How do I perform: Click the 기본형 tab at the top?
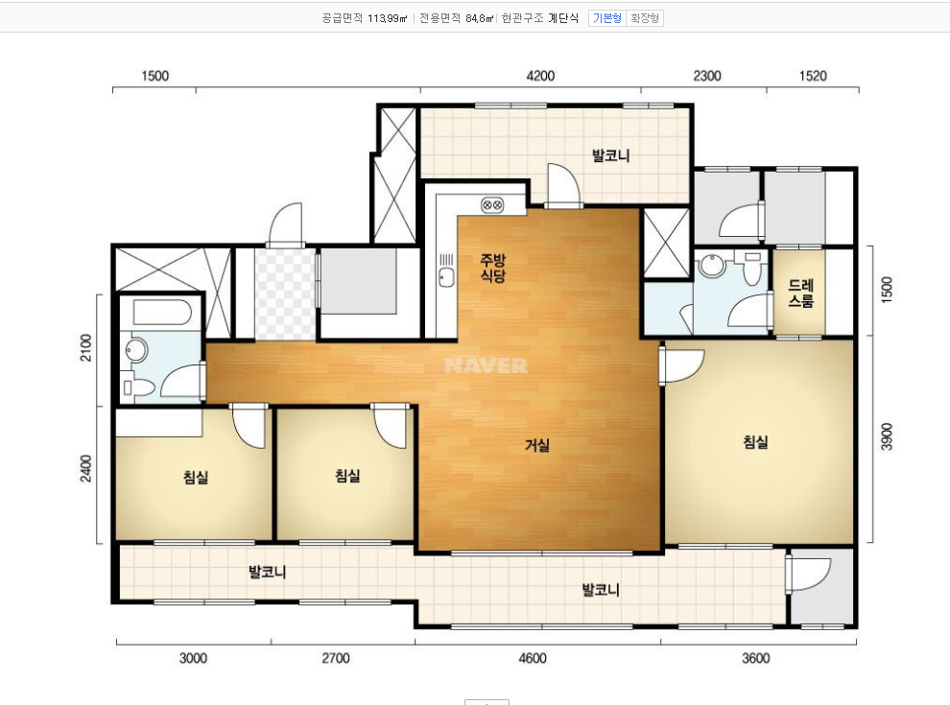pyautogui.click(x=607, y=18)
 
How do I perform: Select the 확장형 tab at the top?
pyautogui.click(x=645, y=18)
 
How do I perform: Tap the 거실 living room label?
pyautogui.click(x=537, y=445)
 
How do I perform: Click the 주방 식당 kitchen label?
pyautogui.click(x=492, y=268)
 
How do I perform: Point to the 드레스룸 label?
pyautogui.click(x=800, y=293)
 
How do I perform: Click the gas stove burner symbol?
pyautogui.click(x=492, y=205)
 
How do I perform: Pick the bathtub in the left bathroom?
pyautogui.click(x=162, y=312)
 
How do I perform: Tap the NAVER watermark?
pyautogui.click(x=486, y=365)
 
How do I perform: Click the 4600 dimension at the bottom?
pyautogui.click(x=533, y=658)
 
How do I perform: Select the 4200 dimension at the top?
pyautogui.click(x=540, y=76)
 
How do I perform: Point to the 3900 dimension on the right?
pyautogui.click(x=887, y=436)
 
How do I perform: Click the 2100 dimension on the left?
pyautogui.click(x=86, y=347)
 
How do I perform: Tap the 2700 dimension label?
pyautogui.click(x=336, y=658)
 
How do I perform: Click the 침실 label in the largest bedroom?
pyautogui.click(x=755, y=441)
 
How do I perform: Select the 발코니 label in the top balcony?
pyautogui.click(x=610, y=155)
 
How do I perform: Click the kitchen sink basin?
pyautogui.click(x=446, y=277)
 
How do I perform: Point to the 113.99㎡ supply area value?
pyautogui.click(x=387, y=18)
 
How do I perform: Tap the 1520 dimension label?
pyautogui.click(x=813, y=76)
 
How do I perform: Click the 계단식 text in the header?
pyautogui.click(x=563, y=18)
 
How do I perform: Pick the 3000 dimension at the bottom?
pyautogui.click(x=193, y=658)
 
